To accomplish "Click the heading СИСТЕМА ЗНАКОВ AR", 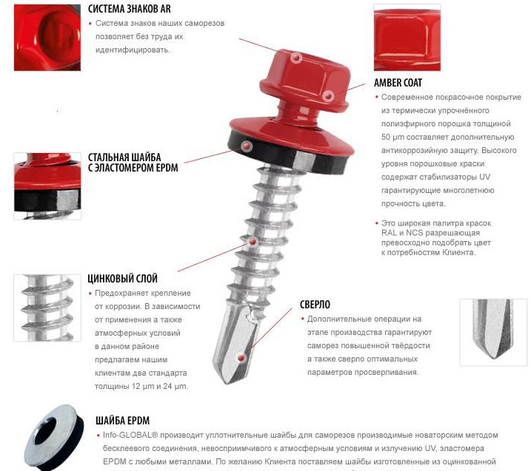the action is click(x=130, y=9).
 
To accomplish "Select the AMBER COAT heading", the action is click(x=398, y=83).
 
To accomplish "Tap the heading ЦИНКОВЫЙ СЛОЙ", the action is click(x=123, y=279).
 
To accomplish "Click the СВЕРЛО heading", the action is click(x=315, y=305).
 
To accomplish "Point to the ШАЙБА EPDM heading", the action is click(x=123, y=421).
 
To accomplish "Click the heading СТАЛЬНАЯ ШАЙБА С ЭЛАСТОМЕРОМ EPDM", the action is click(x=133, y=163).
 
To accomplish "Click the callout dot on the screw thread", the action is click(x=253, y=242).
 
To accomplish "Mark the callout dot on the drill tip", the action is click(x=241, y=358).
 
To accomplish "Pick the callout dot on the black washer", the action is click(x=247, y=146).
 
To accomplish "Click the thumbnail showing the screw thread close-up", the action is click(x=47, y=308).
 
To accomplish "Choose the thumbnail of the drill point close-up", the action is click(x=493, y=333).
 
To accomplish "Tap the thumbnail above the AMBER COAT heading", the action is click(x=407, y=38).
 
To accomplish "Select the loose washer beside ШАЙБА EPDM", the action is click(x=54, y=437).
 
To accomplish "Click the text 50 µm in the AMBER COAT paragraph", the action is click(x=393, y=138).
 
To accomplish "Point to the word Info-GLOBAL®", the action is click(x=130, y=436).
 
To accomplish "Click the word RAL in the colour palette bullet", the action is click(x=389, y=233).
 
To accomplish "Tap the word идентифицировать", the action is click(x=133, y=50).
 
